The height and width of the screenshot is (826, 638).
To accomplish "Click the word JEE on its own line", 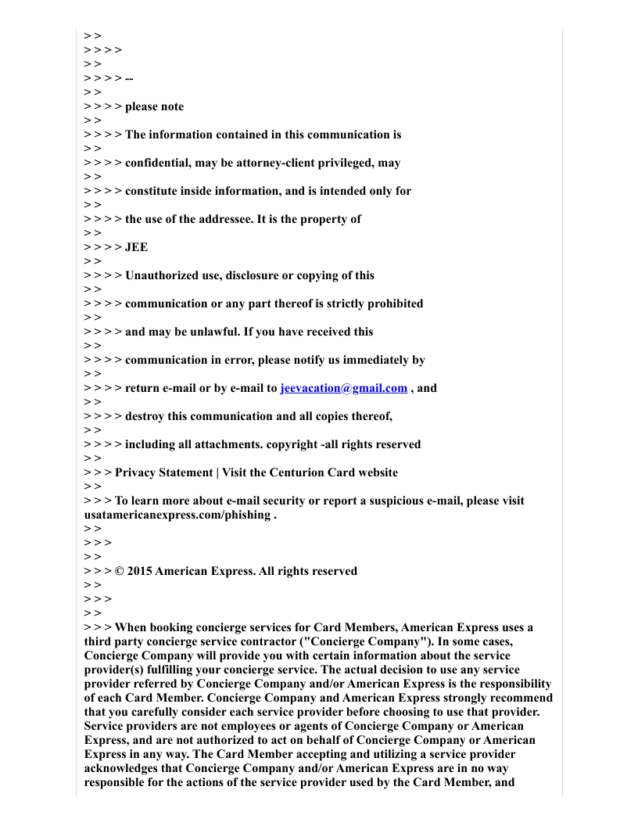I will point(136,247).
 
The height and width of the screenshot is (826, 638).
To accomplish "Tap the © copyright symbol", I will point(120,571).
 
